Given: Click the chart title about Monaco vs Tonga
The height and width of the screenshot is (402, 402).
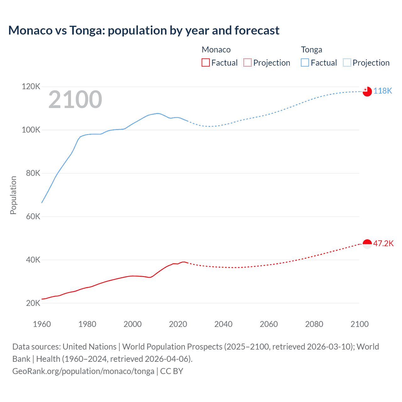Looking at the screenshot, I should tap(144, 30).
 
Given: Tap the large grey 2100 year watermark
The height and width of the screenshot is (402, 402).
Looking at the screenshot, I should tap(75, 100).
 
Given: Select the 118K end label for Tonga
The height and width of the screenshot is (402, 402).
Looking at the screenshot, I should tap(383, 91).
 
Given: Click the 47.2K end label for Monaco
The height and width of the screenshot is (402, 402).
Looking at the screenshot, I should tap(383, 243).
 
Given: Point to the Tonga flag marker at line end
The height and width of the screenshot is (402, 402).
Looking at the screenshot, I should tap(367, 91).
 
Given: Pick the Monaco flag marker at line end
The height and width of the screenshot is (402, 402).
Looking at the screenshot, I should tap(367, 244).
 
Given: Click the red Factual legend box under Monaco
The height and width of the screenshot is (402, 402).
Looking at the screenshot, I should tap(206, 63).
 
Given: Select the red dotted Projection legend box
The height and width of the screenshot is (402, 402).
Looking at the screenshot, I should tap(247, 63).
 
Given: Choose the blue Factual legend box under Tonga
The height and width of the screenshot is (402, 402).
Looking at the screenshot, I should tap(305, 63).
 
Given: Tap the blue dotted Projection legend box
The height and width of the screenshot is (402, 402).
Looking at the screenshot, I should tap(347, 63).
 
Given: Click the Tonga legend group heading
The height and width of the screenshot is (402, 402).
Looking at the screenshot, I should tap(312, 50).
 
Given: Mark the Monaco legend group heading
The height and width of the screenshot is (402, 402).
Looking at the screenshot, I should tap(216, 50).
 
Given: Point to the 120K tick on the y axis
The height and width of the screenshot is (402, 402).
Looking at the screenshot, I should tap(31, 86).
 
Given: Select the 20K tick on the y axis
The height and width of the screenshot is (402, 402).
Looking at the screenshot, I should tap(33, 303).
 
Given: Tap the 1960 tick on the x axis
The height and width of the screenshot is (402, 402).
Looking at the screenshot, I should tap(42, 324).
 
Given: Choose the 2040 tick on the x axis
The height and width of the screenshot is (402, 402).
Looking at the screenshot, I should tap(223, 324).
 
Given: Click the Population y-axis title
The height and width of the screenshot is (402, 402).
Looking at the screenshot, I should tap(13, 195).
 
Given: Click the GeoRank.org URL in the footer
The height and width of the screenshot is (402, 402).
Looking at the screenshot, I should tap(83, 371).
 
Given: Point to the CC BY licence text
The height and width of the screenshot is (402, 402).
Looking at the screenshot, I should tap(171, 371).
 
